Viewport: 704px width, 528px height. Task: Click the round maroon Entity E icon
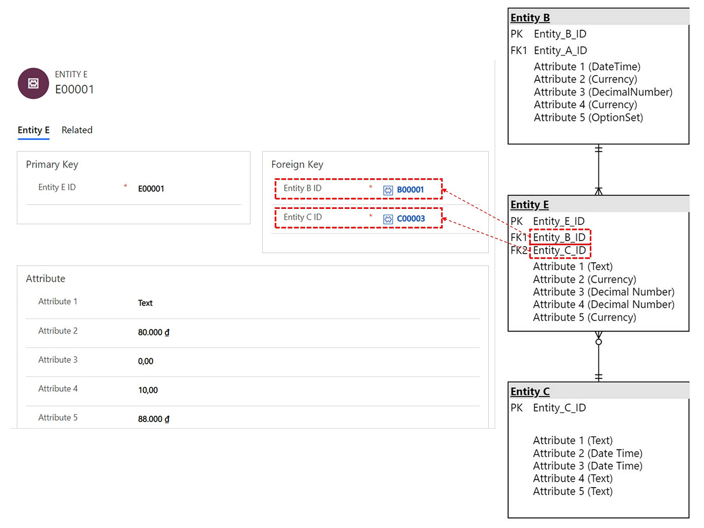(x=33, y=84)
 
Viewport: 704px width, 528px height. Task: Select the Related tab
(x=77, y=130)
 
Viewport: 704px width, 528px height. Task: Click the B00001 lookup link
(x=410, y=190)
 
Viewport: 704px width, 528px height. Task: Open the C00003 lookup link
(x=411, y=218)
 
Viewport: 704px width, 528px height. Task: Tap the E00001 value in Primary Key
(x=151, y=189)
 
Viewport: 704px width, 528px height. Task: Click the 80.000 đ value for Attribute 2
(x=153, y=332)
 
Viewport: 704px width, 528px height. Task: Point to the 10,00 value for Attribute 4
(x=148, y=390)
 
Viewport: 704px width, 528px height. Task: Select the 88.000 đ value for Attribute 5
(x=153, y=419)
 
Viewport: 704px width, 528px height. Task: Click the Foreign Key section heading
(x=297, y=164)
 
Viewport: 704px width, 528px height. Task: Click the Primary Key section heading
(x=52, y=164)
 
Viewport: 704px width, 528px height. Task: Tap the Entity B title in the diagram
(x=530, y=18)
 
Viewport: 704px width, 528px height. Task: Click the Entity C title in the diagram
(x=530, y=391)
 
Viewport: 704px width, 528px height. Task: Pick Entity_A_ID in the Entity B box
(x=560, y=50)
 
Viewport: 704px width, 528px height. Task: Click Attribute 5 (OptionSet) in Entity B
(x=588, y=117)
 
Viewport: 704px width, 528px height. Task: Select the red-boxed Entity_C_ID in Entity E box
(x=559, y=250)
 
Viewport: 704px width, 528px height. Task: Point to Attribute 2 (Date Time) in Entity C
(x=588, y=453)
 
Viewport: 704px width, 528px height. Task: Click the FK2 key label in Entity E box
(x=519, y=250)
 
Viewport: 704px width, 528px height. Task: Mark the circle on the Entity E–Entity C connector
(x=598, y=342)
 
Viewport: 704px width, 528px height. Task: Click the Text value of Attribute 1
(x=145, y=303)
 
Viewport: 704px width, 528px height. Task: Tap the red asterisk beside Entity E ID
(x=125, y=186)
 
